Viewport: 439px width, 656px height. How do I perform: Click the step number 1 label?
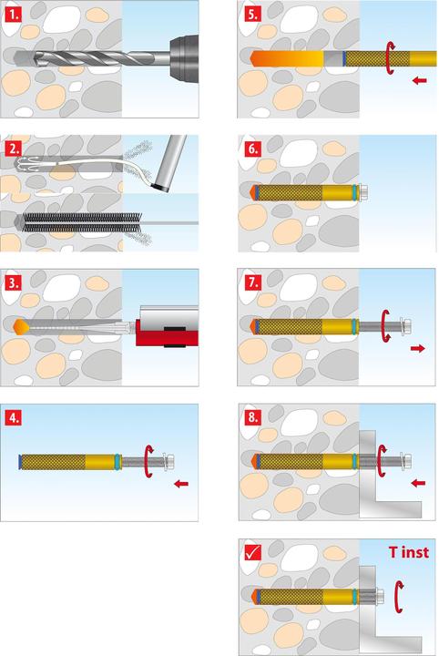point(13,15)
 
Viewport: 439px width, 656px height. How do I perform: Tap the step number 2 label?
point(13,149)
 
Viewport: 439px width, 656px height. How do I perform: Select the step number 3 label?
point(13,283)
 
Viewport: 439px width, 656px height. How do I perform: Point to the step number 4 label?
point(13,418)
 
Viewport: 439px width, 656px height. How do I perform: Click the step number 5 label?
point(252,15)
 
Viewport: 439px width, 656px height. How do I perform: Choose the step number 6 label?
point(252,149)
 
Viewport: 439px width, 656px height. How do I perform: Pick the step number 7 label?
point(252,283)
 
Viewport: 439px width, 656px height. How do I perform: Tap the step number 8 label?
point(252,418)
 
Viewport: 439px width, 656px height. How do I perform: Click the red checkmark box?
point(252,553)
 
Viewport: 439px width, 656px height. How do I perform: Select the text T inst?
point(408,552)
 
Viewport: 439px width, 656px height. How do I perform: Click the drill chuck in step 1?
point(184,57)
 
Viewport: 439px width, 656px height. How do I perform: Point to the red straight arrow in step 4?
point(181,484)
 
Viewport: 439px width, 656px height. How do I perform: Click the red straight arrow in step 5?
point(420,80)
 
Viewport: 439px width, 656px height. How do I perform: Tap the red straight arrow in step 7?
point(418,348)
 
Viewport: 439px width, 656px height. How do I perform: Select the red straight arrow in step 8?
point(418,483)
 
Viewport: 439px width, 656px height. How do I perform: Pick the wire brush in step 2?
point(82,222)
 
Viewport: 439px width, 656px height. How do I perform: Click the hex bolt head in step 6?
point(363,192)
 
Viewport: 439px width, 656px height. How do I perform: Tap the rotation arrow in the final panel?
point(399,597)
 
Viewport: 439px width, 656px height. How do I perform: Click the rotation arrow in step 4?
point(148,462)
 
